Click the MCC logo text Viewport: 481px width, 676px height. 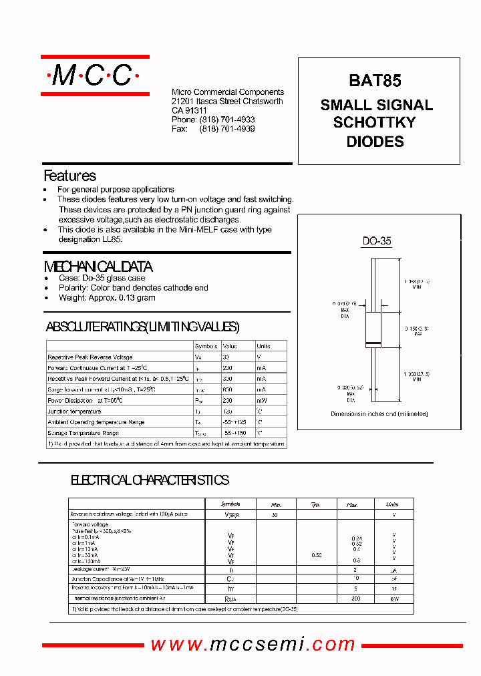click(94, 76)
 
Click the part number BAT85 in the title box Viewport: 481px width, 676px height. click(375, 81)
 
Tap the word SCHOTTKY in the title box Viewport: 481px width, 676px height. click(374, 123)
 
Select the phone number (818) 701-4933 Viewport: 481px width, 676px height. click(227, 120)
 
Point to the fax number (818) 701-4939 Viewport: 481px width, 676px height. click(227, 129)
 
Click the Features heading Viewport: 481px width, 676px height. click(69, 176)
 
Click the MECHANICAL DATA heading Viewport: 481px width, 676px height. click(98, 267)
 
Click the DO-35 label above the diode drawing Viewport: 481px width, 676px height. click(377, 242)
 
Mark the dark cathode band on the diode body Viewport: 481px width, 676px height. click(373, 344)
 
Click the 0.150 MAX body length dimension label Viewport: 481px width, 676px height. click(413, 331)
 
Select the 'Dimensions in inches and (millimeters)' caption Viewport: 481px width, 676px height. click(379, 414)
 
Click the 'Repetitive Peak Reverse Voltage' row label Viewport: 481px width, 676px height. click(90, 357)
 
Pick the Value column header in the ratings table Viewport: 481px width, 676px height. click(230, 346)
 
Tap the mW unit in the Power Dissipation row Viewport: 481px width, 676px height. click(262, 401)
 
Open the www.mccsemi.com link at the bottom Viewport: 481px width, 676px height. click(253, 644)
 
